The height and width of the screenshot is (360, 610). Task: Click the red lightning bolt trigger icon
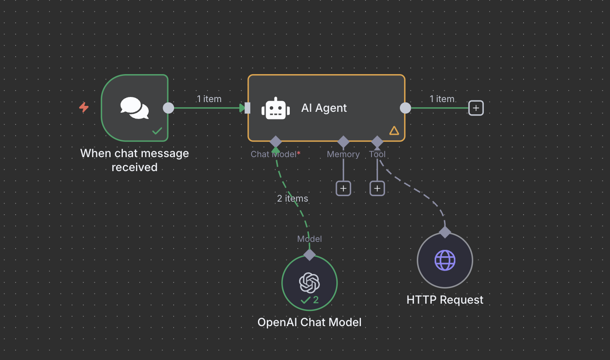pos(84,107)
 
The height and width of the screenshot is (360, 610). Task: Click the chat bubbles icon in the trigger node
pos(134,108)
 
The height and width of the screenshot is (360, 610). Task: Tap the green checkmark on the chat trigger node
pos(157,131)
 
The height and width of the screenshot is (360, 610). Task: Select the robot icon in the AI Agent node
pos(276,108)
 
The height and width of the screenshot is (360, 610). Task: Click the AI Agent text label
pos(324,108)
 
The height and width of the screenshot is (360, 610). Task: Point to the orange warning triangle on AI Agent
pos(394,130)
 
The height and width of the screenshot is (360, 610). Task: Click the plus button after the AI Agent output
pos(476,108)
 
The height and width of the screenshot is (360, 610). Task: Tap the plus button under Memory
pos(343,188)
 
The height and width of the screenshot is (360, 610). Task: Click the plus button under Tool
pos(377,188)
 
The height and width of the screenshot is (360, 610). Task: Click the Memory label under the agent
pos(343,154)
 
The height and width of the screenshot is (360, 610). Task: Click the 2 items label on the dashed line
pos(292,198)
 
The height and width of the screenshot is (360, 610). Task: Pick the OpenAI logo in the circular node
pos(310,282)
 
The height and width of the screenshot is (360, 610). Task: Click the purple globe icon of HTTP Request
pos(445,260)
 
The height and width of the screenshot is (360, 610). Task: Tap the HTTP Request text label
pos(445,300)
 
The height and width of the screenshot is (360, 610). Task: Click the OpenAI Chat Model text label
pos(309,322)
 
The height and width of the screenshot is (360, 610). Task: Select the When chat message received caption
pos(134,160)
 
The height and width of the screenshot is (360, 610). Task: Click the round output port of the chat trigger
pos(169,108)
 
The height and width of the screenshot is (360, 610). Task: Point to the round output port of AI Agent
pos(405,108)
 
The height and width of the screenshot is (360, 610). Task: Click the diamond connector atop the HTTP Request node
pos(445,232)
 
